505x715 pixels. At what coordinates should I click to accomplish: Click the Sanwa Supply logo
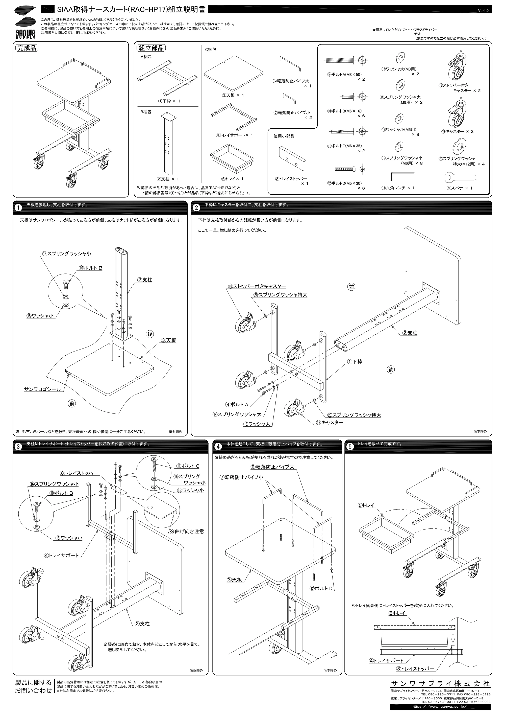tap(25, 22)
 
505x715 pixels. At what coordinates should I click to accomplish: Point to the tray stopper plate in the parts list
tap(292, 158)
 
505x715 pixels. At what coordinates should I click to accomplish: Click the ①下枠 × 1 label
tap(169, 101)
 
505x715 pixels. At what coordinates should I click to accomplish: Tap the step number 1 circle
tap(19, 208)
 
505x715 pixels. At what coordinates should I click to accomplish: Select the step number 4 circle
tap(218, 447)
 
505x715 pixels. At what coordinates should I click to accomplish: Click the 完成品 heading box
tap(27, 48)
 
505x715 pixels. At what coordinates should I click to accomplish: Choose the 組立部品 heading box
tap(151, 48)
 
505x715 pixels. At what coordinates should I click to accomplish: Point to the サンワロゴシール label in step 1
tap(43, 389)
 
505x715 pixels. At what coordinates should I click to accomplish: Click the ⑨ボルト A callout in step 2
tap(237, 405)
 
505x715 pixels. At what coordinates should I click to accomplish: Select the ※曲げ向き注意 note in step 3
tap(186, 532)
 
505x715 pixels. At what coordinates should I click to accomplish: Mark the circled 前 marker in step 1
tap(72, 403)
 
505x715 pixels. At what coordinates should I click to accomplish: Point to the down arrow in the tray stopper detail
tap(453, 639)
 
